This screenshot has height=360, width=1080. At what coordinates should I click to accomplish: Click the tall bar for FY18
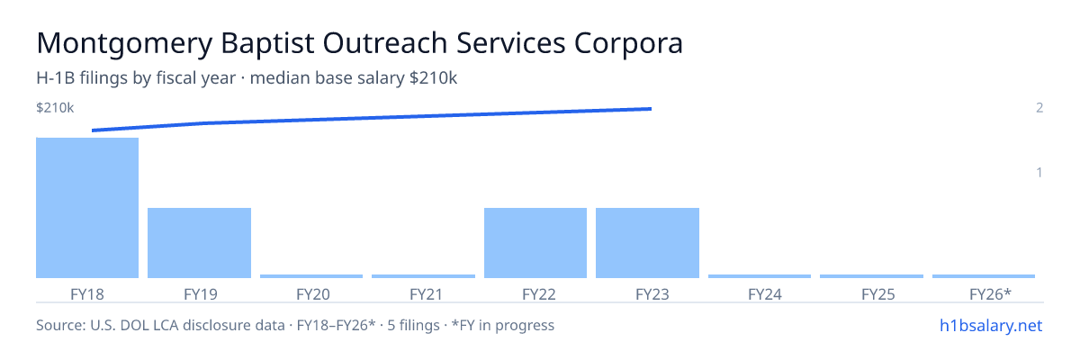click(x=87, y=208)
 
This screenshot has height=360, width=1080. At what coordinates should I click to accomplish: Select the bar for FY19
click(x=199, y=243)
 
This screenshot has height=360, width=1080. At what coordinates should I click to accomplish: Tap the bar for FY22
click(x=535, y=243)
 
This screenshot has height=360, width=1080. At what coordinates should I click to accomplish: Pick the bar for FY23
click(x=647, y=243)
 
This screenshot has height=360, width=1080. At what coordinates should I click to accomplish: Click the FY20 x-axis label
click(x=313, y=294)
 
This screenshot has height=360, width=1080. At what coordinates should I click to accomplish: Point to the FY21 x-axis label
click(x=427, y=294)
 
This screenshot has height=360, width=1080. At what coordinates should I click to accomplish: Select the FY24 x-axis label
click(x=765, y=294)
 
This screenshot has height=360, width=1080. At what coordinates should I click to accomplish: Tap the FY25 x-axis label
click(x=878, y=294)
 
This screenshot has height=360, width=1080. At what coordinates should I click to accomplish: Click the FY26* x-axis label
click(x=990, y=294)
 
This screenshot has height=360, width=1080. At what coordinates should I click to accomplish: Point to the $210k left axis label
click(x=55, y=108)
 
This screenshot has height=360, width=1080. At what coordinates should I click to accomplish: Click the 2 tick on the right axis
click(x=1039, y=108)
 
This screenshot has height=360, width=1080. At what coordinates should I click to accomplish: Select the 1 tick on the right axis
click(x=1039, y=173)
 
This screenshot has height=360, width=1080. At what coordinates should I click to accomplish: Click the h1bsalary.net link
click(x=991, y=326)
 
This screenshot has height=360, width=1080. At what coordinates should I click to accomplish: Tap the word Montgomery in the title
click(x=124, y=44)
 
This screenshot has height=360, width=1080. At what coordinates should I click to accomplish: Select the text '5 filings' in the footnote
click(x=414, y=325)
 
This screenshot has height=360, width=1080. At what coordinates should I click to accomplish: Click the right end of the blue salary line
click(x=652, y=109)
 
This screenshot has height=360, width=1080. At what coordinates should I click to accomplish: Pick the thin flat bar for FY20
click(x=311, y=276)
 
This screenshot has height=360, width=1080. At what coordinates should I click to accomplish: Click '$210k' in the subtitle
click(x=433, y=78)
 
